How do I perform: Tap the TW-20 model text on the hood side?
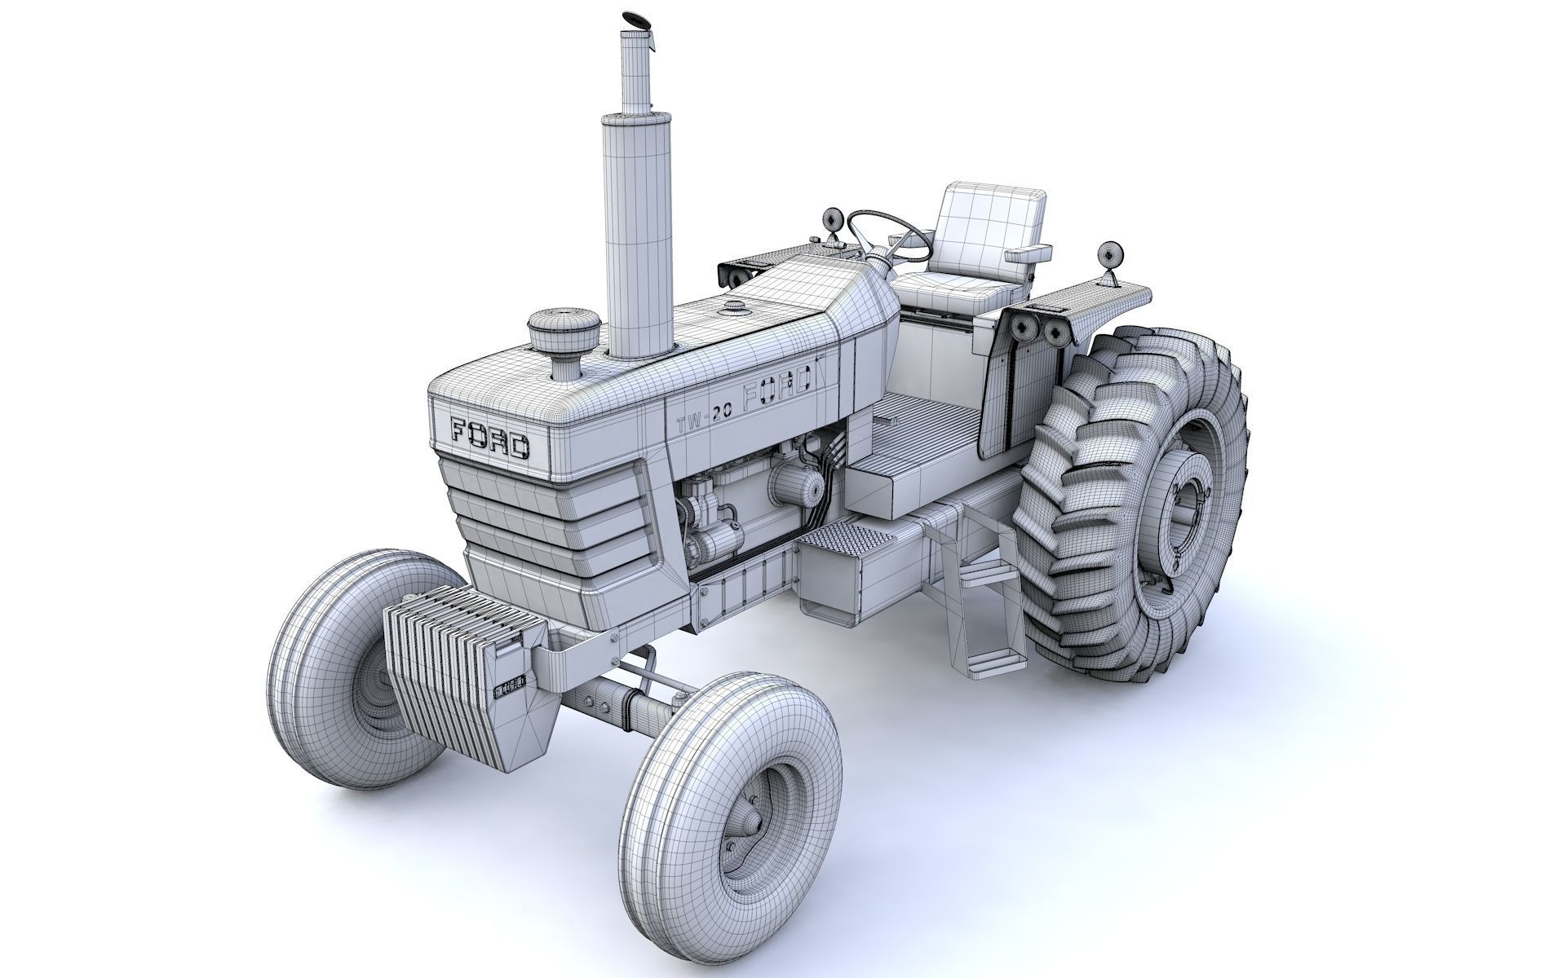pyautogui.click(x=704, y=416)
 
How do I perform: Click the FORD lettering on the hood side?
pyautogui.click(x=776, y=388)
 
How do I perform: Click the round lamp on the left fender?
pyautogui.click(x=833, y=220)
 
